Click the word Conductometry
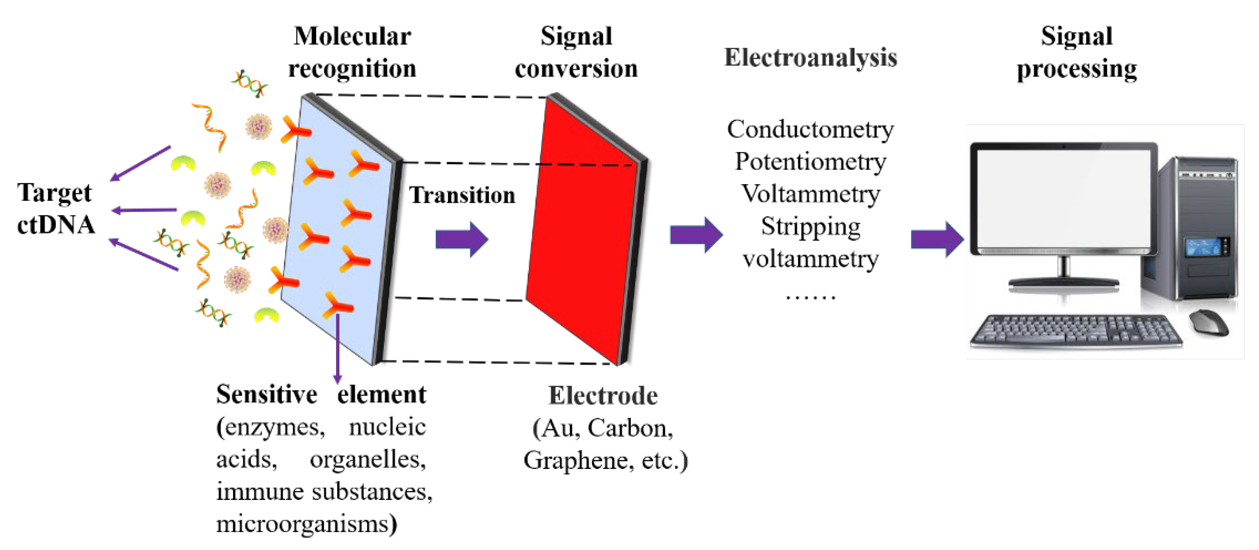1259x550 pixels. (x=810, y=130)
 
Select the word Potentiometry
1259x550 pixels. (x=810, y=162)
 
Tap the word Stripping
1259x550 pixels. (x=810, y=227)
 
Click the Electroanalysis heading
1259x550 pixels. (x=810, y=58)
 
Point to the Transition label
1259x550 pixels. (x=462, y=195)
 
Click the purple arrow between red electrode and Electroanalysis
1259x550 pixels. (x=696, y=235)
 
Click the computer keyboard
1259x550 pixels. (x=1075, y=330)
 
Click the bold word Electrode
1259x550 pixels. (x=602, y=396)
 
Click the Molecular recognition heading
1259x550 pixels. (x=352, y=52)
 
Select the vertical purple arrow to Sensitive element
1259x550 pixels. (x=337, y=347)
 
